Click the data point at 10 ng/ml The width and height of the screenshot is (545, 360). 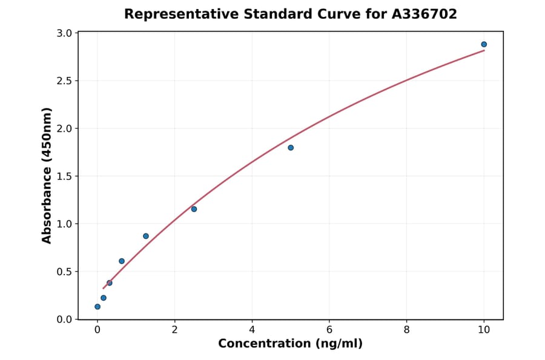tap(484, 44)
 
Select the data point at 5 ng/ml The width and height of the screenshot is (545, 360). tap(291, 148)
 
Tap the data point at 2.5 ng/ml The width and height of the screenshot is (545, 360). tap(194, 209)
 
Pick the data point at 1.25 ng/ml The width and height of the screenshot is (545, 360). tap(146, 236)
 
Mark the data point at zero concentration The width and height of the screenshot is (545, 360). tap(97, 307)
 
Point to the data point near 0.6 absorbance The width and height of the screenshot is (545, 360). tap(122, 261)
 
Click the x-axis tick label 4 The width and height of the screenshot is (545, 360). tap(252, 330)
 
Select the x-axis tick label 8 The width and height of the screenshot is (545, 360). tap(406, 330)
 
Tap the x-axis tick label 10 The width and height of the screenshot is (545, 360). tap(484, 330)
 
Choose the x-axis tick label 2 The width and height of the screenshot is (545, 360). tap(174, 330)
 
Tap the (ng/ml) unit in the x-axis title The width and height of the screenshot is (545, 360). tap(339, 344)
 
